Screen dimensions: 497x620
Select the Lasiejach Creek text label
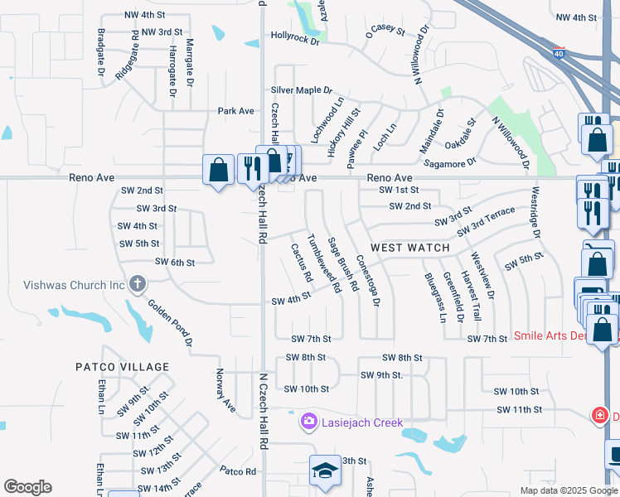(362, 422)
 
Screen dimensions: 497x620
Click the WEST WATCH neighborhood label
(410, 248)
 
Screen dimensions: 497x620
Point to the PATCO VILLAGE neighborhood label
(122, 367)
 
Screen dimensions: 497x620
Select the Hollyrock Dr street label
(295, 36)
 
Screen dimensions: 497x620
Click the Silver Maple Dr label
(301, 90)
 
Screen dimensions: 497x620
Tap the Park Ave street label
(235, 111)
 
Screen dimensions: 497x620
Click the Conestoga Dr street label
(367, 280)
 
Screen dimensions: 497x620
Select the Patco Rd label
(238, 470)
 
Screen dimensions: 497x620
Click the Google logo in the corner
(27, 487)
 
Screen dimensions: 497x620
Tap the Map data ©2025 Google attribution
(568, 490)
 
